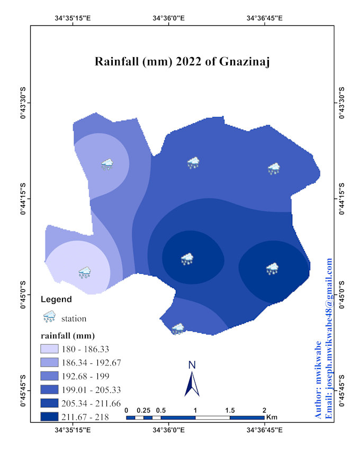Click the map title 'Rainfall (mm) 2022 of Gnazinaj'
pos(183,61)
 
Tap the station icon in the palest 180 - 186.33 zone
pos(85,272)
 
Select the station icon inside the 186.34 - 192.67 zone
pos(107,164)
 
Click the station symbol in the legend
pos(49,317)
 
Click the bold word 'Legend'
pos(56,299)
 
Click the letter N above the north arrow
pos(192,365)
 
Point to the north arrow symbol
pos(192,384)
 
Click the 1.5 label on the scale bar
pos(229,410)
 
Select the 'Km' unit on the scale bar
pos(272,417)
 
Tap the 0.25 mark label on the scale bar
pos(143,410)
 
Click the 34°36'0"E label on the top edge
pos(168,18)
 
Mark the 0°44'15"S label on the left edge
pos(23,199)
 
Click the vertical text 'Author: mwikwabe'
pos(319,380)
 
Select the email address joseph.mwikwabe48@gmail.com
pos(329,339)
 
